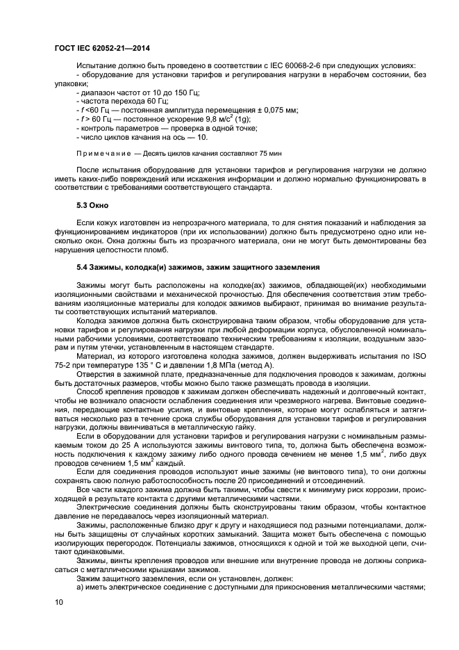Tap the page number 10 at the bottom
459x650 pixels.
[x=58, y=603]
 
